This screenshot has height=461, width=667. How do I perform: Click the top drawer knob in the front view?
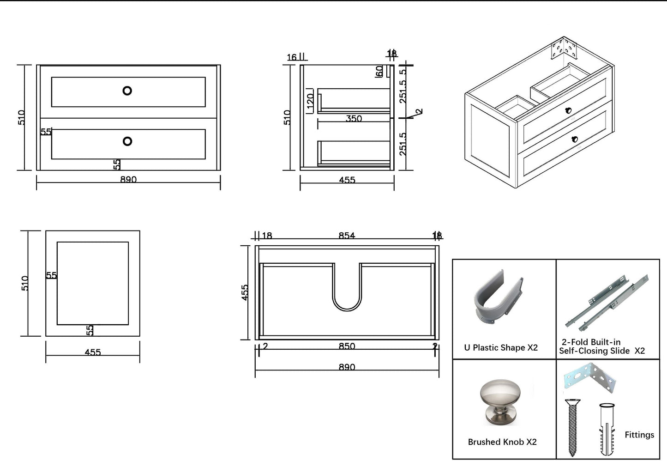(127, 91)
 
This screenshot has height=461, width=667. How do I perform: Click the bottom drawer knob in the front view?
(127, 141)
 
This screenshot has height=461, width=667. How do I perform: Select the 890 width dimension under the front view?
(128, 180)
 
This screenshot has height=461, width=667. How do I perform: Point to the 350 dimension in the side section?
(354, 119)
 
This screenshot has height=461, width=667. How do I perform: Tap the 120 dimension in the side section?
(310, 101)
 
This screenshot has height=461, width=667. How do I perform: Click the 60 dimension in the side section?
(379, 71)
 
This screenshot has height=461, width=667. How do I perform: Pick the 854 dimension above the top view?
(347, 236)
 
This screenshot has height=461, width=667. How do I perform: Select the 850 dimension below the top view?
(347, 346)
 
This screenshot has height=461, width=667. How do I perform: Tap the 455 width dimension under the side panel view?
(93, 352)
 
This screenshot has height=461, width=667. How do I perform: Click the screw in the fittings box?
(573, 428)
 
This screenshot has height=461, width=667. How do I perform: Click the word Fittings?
(639, 435)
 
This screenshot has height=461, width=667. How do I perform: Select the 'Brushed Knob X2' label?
(502, 442)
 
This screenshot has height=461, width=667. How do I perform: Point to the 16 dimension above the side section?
(292, 58)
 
